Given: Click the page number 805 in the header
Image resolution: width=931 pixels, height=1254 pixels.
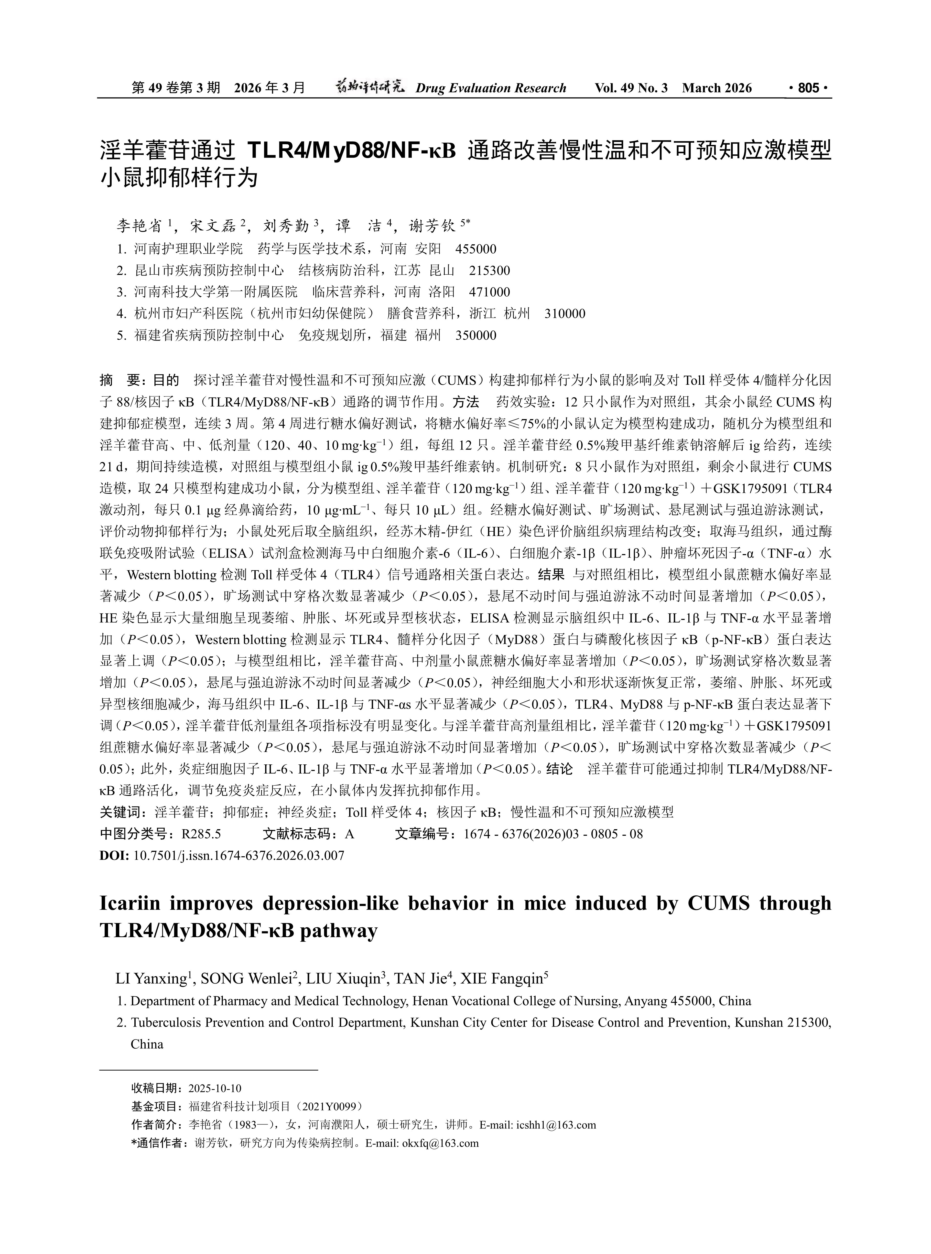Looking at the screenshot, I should pos(808,88).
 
